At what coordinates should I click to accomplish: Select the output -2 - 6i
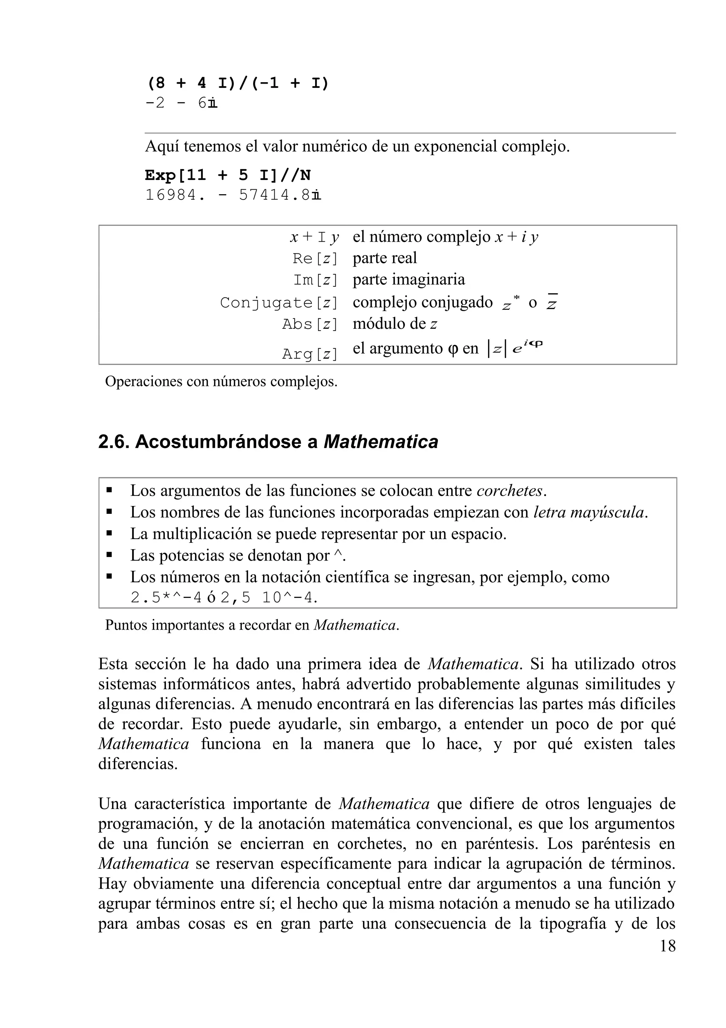click(181, 104)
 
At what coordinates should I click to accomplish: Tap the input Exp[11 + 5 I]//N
click(228, 175)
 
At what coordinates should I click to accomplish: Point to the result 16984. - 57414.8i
click(233, 196)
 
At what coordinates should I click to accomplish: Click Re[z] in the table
click(315, 258)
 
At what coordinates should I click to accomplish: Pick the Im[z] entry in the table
click(315, 280)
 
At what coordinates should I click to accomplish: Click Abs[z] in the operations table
click(309, 324)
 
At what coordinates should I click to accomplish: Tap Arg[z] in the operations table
click(309, 354)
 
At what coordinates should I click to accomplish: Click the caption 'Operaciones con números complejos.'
click(221, 382)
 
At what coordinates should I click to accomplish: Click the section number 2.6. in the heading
click(114, 442)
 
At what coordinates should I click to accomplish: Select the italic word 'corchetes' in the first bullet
click(509, 491)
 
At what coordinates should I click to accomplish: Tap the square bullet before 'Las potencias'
click(109, 555)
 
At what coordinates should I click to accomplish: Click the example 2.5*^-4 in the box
click(166, 598)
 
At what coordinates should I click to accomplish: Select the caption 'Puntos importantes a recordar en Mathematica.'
click(252, 625)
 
